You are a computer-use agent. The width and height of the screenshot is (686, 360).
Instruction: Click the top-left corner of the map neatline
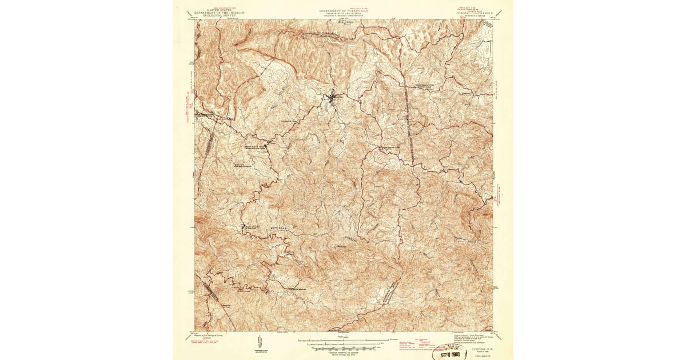194,19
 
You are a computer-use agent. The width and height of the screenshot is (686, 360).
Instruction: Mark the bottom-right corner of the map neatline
492,330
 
